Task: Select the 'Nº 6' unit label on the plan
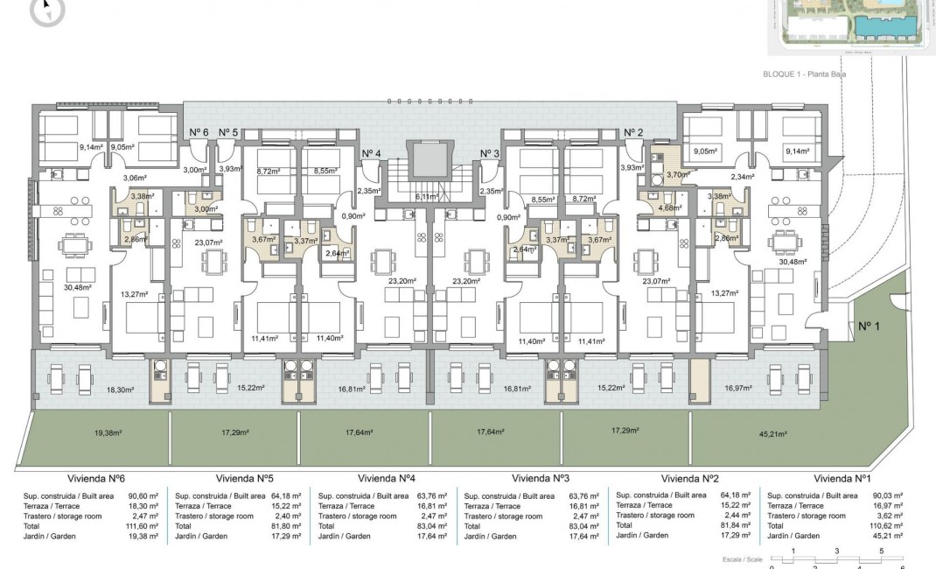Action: coord(199,132)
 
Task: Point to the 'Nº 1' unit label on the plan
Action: coord(867,327)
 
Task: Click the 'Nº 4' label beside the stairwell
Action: coord(371,153)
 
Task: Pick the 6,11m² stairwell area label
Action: coord(428,197)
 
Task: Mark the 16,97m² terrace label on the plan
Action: coord(739,387)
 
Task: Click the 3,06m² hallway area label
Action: coord(134,178)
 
